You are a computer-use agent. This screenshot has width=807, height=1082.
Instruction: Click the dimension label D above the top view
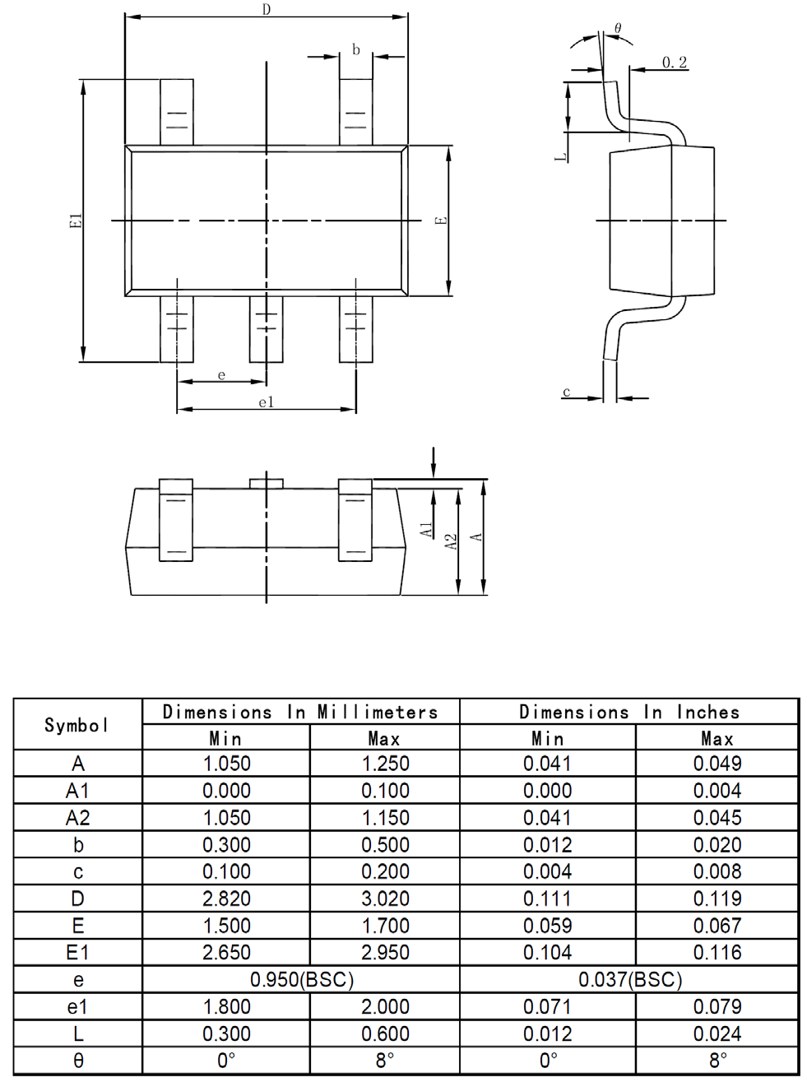click(266, 10)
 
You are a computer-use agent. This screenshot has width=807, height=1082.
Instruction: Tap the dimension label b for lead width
click(356, 49)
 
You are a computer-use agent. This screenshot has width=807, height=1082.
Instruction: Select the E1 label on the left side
click(74, 221)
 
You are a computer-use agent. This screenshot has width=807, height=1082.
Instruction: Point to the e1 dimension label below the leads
click(265, 402)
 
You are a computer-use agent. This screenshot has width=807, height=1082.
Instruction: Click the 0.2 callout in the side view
click(675, 63)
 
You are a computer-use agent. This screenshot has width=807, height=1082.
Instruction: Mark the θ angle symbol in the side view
click(618, 28)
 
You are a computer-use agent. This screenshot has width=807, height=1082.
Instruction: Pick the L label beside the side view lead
click(559, 155)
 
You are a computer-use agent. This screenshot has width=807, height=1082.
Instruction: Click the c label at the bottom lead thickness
click(567, 392)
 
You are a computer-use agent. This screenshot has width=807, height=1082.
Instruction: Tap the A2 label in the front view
click(449, 542)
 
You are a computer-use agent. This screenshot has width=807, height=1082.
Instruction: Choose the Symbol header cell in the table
click(77, 725)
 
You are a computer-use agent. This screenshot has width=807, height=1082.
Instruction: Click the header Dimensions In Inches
click(629, 712)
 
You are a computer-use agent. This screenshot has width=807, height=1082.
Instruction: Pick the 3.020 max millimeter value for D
click(385, 899)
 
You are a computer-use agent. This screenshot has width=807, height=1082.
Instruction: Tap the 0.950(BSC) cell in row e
click(301, 979)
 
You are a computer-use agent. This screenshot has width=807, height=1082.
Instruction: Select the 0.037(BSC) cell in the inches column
click(630, 979)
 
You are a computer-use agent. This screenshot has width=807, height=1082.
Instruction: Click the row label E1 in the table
click(78, 952)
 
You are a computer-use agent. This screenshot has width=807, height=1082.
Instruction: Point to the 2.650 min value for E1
click(226, 952)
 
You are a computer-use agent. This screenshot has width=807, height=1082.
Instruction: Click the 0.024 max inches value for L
click(717, 1033)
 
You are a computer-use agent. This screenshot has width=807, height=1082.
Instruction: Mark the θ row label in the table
click(78, 1061)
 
